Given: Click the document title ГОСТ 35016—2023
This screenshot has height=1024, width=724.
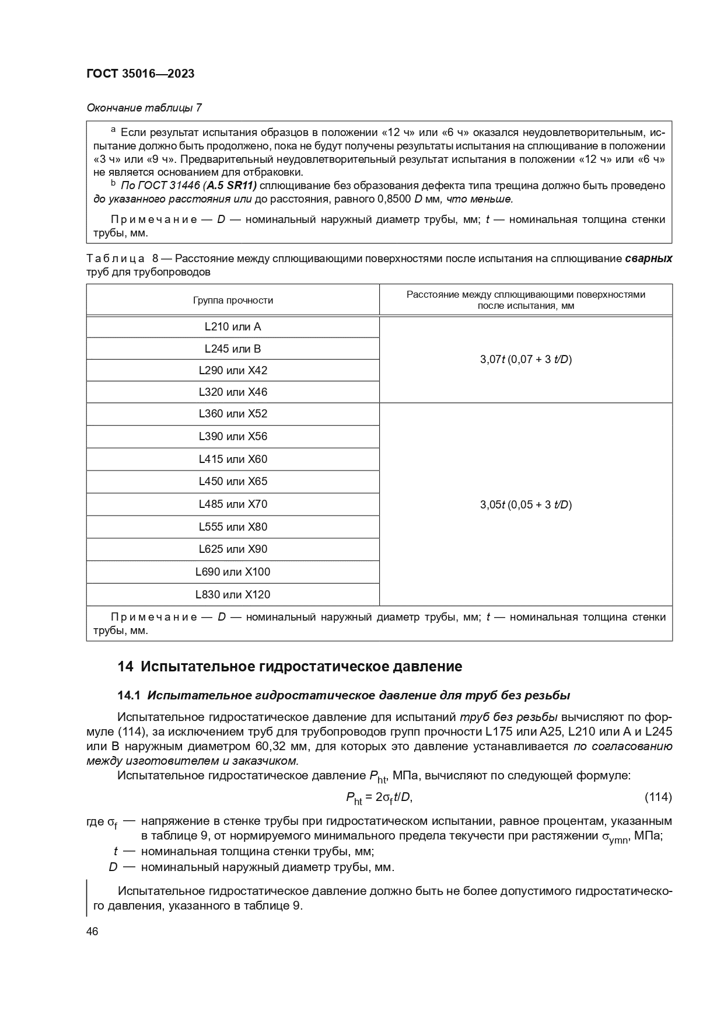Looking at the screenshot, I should (140, 74).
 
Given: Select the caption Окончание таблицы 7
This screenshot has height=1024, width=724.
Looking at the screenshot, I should (144, 107).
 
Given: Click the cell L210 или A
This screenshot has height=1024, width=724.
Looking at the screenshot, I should (232, 327).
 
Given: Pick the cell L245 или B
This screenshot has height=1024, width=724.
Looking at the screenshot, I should (232, 349).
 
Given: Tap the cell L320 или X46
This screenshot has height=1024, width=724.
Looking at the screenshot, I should (232, 392).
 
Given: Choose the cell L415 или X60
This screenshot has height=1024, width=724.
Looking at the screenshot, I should (232, 459).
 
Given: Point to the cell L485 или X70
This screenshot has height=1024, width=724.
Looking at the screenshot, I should (232, 504).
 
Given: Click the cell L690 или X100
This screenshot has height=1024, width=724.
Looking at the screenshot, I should (232, 572).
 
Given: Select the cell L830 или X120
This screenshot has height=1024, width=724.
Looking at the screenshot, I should (232, 595).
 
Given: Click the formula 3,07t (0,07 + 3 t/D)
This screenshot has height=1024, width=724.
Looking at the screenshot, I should (526, 360).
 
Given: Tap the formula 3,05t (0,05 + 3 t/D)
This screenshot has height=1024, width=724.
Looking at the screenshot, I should (526, 505).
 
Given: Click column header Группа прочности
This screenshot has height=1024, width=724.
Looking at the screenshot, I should (232, 300).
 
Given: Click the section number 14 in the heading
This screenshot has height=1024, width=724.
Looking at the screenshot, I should (125, 667).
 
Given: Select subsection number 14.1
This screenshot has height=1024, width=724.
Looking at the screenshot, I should (129, 695).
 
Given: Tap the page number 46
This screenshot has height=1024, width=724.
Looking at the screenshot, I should (92, 931).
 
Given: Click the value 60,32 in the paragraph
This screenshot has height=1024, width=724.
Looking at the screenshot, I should (271, 747).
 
